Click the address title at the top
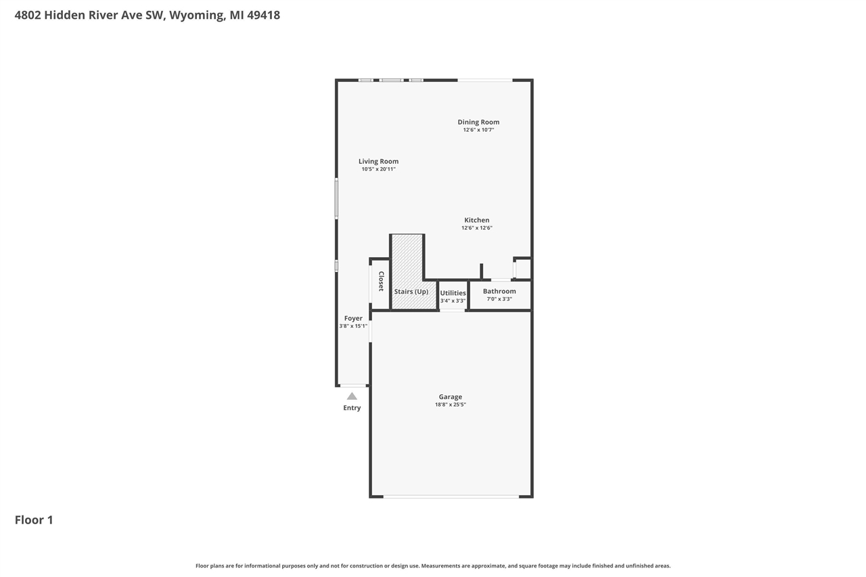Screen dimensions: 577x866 pyautogui.click(x=147, y=15)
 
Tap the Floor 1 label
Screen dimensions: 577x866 pyautogui.click(x=34, y=520)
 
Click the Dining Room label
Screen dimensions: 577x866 pyautogui.click(x=478, y=122)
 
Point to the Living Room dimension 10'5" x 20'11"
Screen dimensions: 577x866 pyautogui.click(x=378, y=169)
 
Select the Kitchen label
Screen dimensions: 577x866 pyautogui.click(x=476, y=220)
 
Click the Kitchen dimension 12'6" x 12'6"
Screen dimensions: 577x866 pyautogui.click(x=476, y=228)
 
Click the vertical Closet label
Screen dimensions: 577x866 pyautogui.click(x=381, y=281)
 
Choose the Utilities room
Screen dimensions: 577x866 pyautogui.click(x=453, y=293)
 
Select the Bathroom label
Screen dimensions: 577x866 pyautogui.click(x=499, y=291)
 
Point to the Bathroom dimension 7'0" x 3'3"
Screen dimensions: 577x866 pyautogui.click(x=499, y=299)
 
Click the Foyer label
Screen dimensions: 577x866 pyautogui.click(x=353, y=318)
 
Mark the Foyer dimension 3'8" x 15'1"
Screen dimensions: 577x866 pyautogui.click(x=353, y=326)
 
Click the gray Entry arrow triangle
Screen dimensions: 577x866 pyautogui.click(x=352, y=396)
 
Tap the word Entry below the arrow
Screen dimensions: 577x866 pyautogui.click(x=352, y=408)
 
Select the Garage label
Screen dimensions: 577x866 pyautogui.click(x=450, y=397)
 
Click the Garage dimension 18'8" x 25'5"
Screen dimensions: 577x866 pyautogui.click(x=450, y=405)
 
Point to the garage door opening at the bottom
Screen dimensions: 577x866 pyautogui.click(x=451, y=497)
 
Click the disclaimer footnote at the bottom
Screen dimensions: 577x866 pyautogui.click(x=433, y=566)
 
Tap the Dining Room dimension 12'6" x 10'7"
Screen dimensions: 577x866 pyautogui.click(x=478, y=130)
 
